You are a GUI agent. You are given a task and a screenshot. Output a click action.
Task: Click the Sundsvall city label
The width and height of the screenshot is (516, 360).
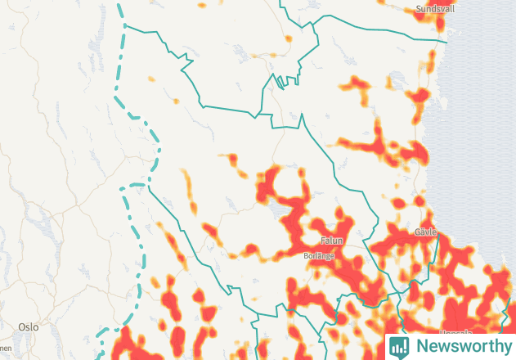tap(435, 9)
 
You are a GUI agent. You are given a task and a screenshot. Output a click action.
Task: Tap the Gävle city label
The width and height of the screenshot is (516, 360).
tap(426, 232)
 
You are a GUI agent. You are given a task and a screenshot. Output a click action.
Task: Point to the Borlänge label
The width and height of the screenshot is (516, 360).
tap(319, 256)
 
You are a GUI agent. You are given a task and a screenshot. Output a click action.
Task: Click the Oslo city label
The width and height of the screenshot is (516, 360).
tap(28, 326)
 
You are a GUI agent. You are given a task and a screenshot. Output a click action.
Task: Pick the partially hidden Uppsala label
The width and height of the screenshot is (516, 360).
tap(455, 333)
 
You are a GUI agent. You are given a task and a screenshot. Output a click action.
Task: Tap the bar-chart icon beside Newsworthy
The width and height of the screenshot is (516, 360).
tap(399, 346)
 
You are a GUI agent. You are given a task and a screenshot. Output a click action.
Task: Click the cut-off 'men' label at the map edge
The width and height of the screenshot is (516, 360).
tap(6, 348)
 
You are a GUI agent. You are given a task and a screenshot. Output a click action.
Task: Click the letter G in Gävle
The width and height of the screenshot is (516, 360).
tap(417, 232)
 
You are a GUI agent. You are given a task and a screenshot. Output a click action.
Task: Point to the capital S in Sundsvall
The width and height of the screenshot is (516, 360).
tap(419, 9)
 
